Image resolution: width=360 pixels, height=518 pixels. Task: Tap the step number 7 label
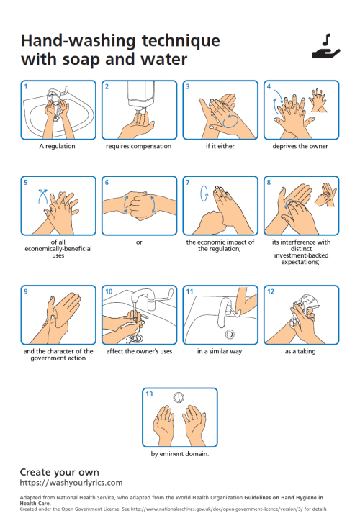click(188, 182)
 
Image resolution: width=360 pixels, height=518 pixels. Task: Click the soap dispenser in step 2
click(141, 96)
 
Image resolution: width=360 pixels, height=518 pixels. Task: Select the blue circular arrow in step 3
click(230, 122)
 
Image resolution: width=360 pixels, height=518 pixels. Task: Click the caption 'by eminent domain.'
click(180, 454)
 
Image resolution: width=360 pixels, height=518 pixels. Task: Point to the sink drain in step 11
click(230, 334)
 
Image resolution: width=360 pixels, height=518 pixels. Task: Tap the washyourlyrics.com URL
click(71, 483)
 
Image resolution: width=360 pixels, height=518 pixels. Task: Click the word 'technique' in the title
click(181, 41)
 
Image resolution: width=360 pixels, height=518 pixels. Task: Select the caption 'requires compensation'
click(138, 146)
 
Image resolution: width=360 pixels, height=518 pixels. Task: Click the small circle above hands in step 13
click(179, 397)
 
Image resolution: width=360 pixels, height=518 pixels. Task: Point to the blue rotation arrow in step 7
click(204, 194)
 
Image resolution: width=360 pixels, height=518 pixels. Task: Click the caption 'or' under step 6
click(139, 242)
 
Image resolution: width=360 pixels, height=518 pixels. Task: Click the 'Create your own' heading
click(60, 472)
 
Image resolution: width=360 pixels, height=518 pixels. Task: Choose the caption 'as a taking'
click(300, 351)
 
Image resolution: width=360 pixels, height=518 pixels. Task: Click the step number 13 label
click(150, 394)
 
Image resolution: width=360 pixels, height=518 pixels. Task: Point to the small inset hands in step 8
click(325, 194)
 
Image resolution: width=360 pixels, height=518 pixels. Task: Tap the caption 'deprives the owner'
click(300, 146)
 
